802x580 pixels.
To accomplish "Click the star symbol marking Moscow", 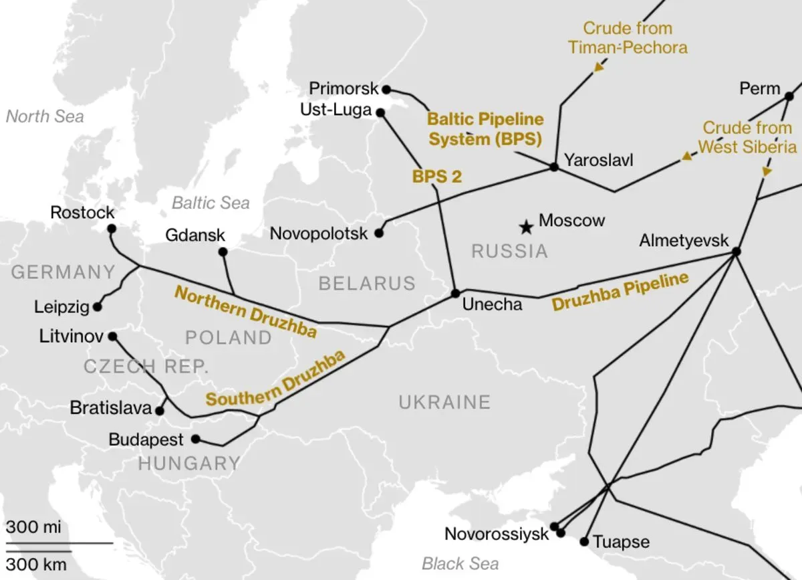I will click(x=527, y=227).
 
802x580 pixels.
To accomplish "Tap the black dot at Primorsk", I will click(x=386, y=88).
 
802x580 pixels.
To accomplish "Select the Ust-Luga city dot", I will click(x=380, y=113).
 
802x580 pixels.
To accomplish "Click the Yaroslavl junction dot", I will click(x=553, y=167).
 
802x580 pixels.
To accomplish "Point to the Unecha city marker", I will click(x=455, y=293).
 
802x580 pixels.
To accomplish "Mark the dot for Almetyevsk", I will click(x=736, y=252).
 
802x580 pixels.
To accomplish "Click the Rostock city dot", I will click(x=112, y=229).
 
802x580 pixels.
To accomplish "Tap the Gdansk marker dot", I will click(x=223, y=252).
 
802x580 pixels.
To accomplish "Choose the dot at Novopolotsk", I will click(x=379, y=233).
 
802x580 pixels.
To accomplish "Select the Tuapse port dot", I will click(x=584, y=541).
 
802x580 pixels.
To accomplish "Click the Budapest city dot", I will click(x=195, y=440).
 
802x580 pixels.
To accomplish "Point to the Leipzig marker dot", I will click(x=98, y=307).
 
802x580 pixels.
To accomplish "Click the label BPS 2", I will click(x=437, y=177).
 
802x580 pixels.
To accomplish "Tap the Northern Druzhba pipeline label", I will click(x=245, y=312).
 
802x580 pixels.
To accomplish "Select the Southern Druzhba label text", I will click(x=275, y=379).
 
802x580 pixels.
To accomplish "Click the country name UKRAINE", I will click(x=444, y=402).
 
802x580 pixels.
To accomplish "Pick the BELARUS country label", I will click(x=367, y=283).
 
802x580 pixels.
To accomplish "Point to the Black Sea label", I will click(x=460, y=563).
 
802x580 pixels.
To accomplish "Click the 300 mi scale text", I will click(x=33, y=526).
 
